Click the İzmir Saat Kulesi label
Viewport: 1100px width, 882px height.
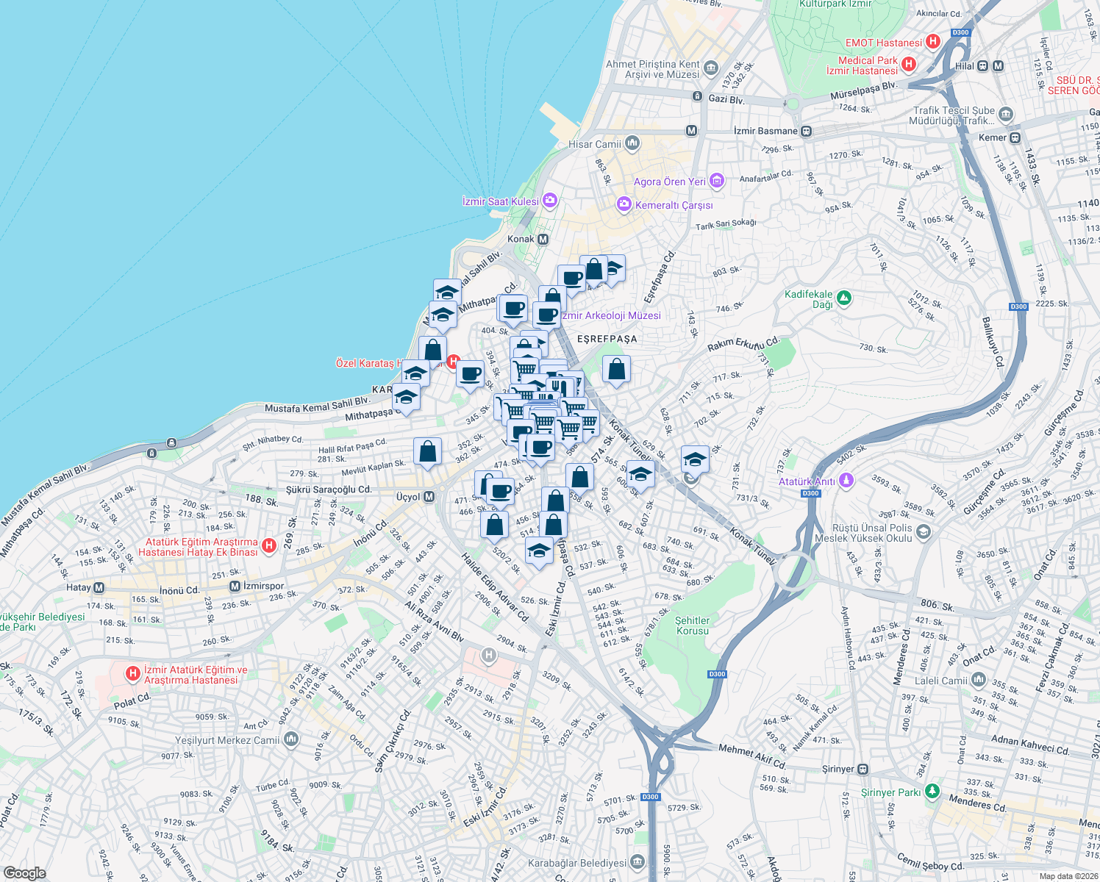[x=501, y=201]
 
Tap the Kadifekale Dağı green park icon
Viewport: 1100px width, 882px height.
[x=844, y=298]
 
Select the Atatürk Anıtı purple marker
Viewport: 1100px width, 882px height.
[x=846, y=481]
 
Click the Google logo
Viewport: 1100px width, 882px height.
[x=24, y=872]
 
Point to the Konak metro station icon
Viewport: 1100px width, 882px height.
[x=543, y=239]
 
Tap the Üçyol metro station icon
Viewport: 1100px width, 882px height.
[x=429, y=497]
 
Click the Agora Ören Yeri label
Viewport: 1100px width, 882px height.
[x=670, y=182]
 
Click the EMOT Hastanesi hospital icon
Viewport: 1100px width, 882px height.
[x=933, y=42]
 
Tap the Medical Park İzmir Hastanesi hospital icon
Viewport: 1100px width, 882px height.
[x=909, y=65]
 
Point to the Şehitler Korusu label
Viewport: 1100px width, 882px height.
[x=693, y=625]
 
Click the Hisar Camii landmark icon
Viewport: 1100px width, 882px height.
[x=632, y=143]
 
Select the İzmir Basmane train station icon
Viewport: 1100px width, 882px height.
[x=807, y=131]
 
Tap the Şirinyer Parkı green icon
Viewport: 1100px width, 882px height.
[x=932, y=791]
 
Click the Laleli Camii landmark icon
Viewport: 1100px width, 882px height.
[x=979, y=680]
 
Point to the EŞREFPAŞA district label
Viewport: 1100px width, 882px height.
[x=607, y=339]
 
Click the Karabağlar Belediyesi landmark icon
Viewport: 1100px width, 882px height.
[x=637, y=861]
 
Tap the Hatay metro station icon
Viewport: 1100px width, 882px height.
[x=99, y=587]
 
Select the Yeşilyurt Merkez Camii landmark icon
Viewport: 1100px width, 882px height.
[x=291, y=739]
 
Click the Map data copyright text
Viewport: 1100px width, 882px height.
[x=1067, y=876]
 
